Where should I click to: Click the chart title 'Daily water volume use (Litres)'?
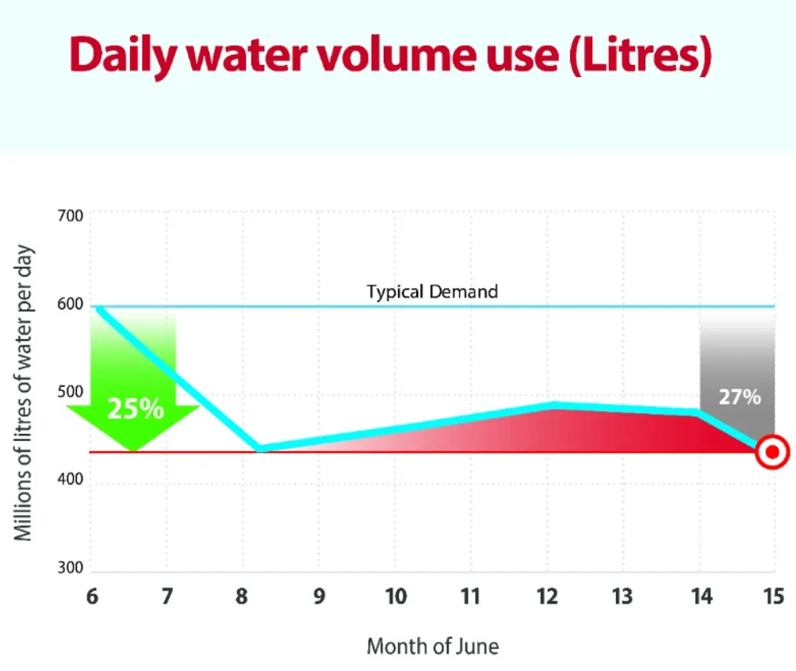(x=390, y=53)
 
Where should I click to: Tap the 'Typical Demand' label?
(x=432, y=291)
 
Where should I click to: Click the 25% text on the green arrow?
(x=136, y=408)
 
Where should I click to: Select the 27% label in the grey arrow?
(x=739, y=397)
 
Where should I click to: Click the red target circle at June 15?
(x=771, y=453)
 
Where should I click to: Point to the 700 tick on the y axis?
(x=70, y=215)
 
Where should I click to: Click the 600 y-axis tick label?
(x=70, y=305)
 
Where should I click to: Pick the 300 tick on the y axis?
(x=70, y=569)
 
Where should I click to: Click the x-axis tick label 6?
(x=92, y=596)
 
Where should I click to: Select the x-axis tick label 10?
(x=396, y=596)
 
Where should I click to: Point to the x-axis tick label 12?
(x=547, y=596)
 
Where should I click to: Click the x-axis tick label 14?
(x=699, y=596)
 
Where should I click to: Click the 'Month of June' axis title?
(x=432, y=646)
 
